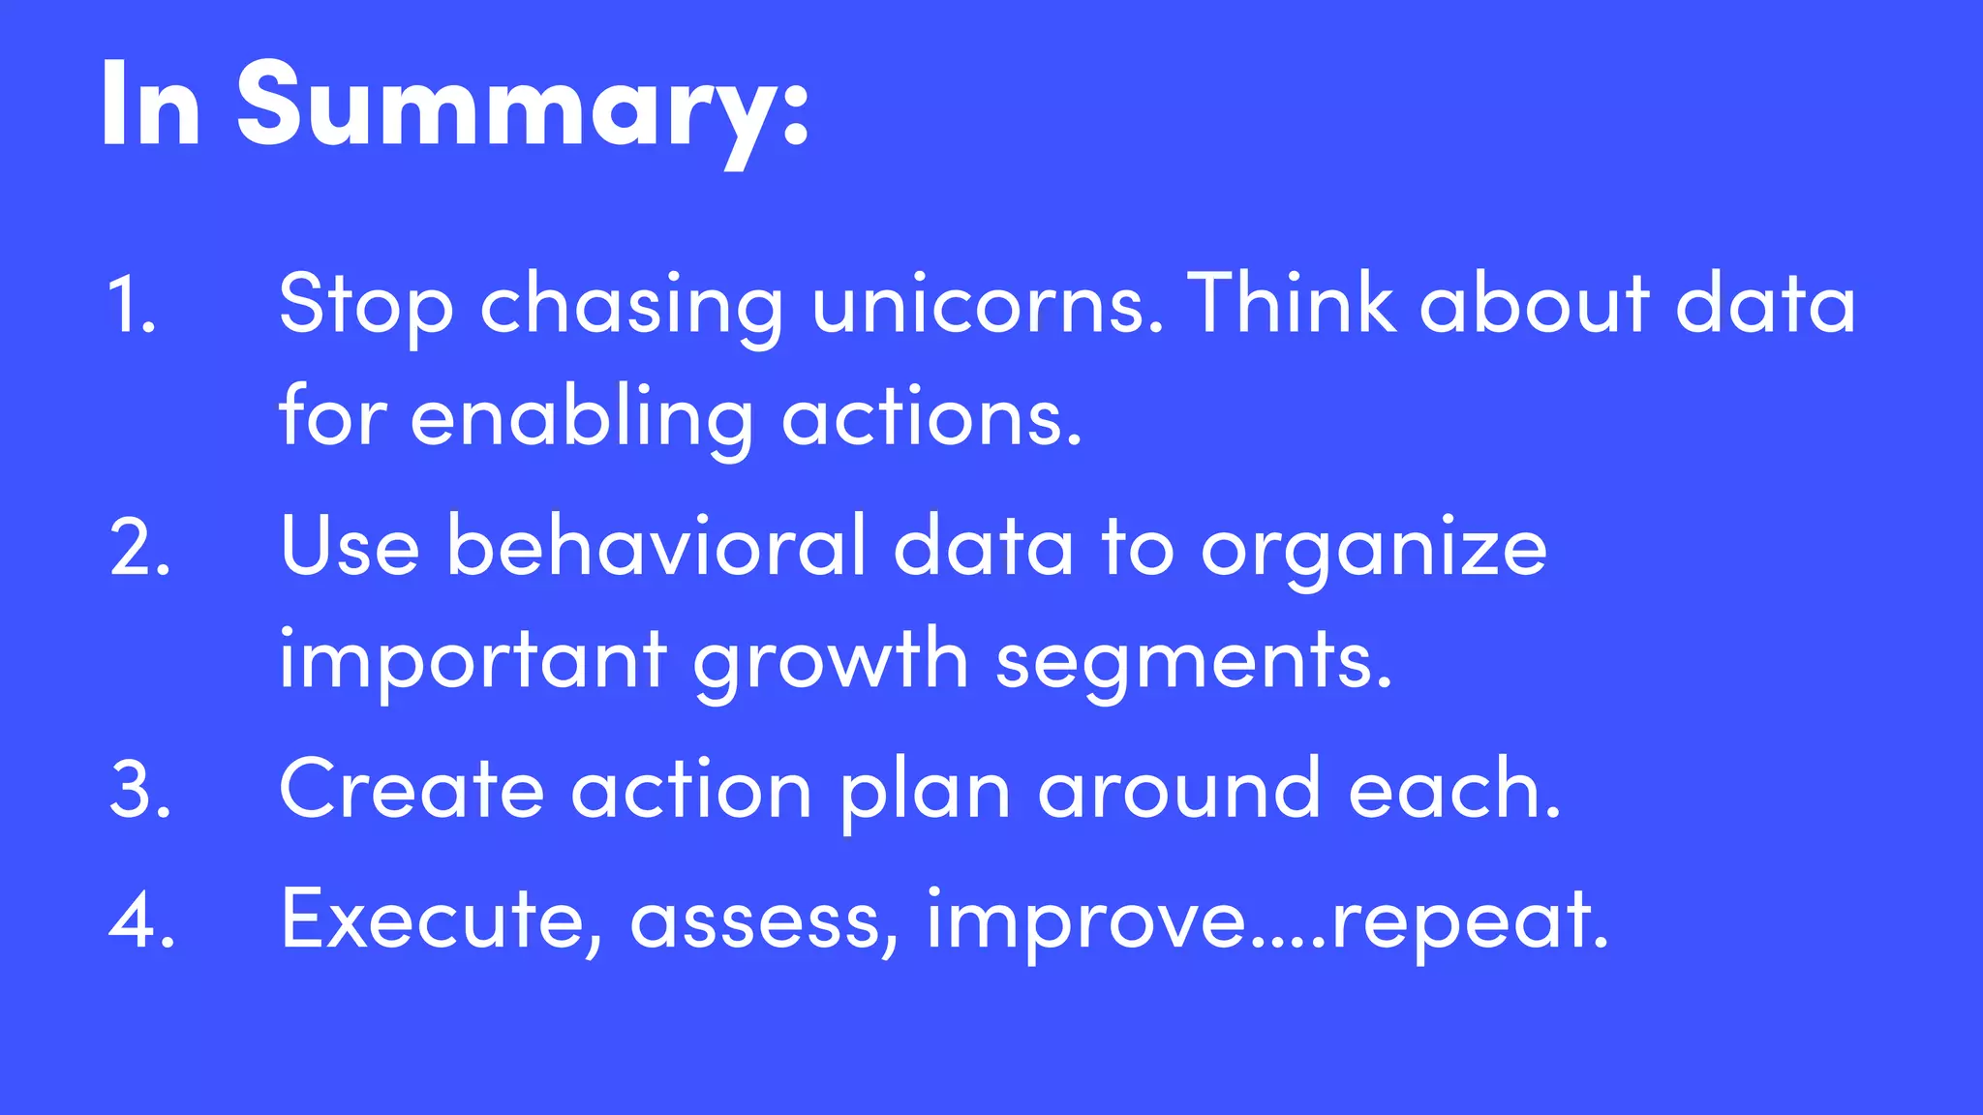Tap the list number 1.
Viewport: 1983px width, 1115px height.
pyautogui.click(x=131, y=304)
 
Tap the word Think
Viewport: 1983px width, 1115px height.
pyautogui.click(x=1292, y=304)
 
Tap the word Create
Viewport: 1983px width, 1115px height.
pyautogui.click(x=412, y=790)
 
